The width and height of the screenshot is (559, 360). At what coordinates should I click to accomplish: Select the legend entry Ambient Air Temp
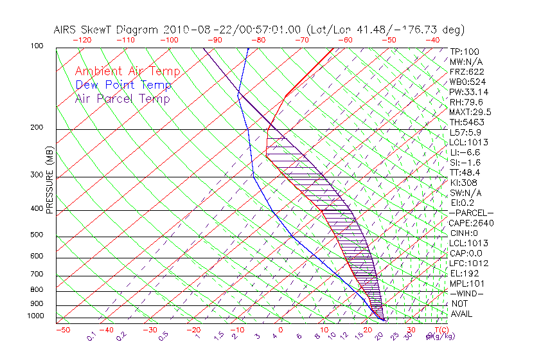[127, 71]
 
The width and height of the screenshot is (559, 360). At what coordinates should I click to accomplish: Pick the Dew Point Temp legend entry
[123, 85]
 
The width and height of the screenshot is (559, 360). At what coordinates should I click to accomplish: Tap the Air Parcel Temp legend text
[123, 98]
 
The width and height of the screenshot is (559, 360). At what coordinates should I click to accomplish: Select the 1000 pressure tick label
[36, 316]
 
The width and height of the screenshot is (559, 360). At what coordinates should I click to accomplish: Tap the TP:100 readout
[465, 51]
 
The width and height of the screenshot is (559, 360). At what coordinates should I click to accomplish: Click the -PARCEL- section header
[471, 213]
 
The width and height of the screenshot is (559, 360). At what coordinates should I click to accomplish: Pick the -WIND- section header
[466, 293]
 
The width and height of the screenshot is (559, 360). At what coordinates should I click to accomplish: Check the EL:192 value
[464, 273]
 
